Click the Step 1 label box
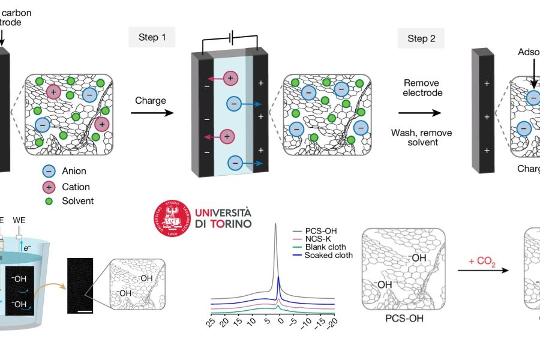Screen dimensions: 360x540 [x=152, y=38]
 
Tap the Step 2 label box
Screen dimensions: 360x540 [x=422, y=38]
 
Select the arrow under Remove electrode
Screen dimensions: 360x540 [x=422, y=112]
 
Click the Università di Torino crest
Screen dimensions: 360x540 [x=173, y=219]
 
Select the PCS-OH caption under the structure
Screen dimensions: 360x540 [x=404, y=318]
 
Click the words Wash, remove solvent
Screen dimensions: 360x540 [x=422, y=137]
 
